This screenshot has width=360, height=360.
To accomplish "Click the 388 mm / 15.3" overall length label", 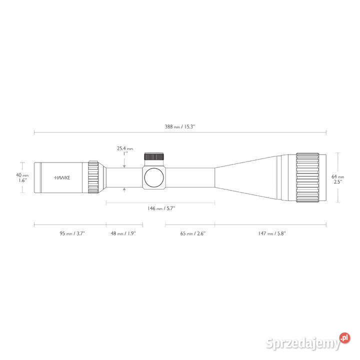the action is (x=180, y=126).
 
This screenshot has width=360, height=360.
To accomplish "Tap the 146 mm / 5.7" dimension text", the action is (x=161, y=208).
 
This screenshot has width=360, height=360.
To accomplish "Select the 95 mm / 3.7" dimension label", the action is (x=72, y=233).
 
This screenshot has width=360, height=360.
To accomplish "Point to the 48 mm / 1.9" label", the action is (x=123, y=233).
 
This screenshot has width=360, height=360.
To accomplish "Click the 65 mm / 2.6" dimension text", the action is (x=193, y=233).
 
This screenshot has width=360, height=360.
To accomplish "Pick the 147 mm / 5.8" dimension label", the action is (x=271, y=233).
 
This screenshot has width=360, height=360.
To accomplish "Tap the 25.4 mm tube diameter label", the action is (x=125, y=148).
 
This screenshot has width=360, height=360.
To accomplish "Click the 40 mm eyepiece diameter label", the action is (x=22, y=175).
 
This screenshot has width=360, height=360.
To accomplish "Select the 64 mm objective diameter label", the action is (x=337, y=176).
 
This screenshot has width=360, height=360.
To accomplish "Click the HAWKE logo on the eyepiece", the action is (x=62, y=177).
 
